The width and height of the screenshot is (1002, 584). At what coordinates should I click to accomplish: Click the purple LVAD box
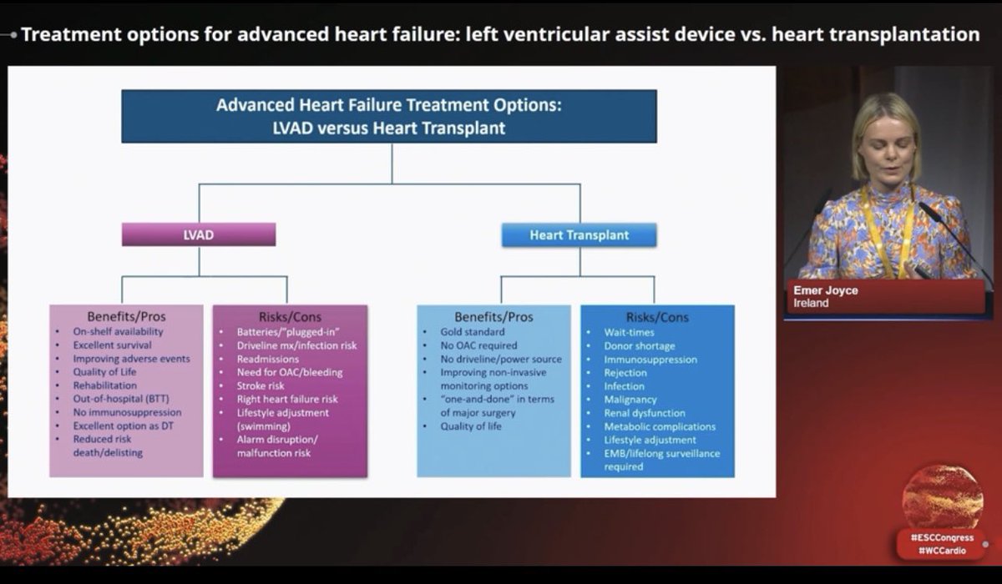[x=199, y=234]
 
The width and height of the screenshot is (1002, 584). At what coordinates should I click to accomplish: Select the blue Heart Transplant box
[x=579, y=235]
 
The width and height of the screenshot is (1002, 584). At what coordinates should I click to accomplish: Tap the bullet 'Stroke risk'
[x=261, y=385]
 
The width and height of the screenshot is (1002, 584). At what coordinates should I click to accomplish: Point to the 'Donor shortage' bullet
[x=640, y=345]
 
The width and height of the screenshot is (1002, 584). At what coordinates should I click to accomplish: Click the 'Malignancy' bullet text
[x=630, y=400]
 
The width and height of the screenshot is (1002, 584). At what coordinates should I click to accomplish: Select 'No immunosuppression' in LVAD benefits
[x=127, y=412]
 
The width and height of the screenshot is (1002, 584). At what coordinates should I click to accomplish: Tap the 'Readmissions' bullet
[x=268, y=359]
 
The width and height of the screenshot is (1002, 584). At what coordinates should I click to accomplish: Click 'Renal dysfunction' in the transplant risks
[x=645, y=413]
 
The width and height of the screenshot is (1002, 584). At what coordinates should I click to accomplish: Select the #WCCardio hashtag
[x=942, y=551]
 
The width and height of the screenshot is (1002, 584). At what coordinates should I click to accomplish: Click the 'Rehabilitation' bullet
[x=104, y=385]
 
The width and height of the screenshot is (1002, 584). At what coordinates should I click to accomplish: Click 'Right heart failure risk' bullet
[x=286, y=399]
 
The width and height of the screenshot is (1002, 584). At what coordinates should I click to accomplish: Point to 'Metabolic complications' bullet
[x=660, y=426]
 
